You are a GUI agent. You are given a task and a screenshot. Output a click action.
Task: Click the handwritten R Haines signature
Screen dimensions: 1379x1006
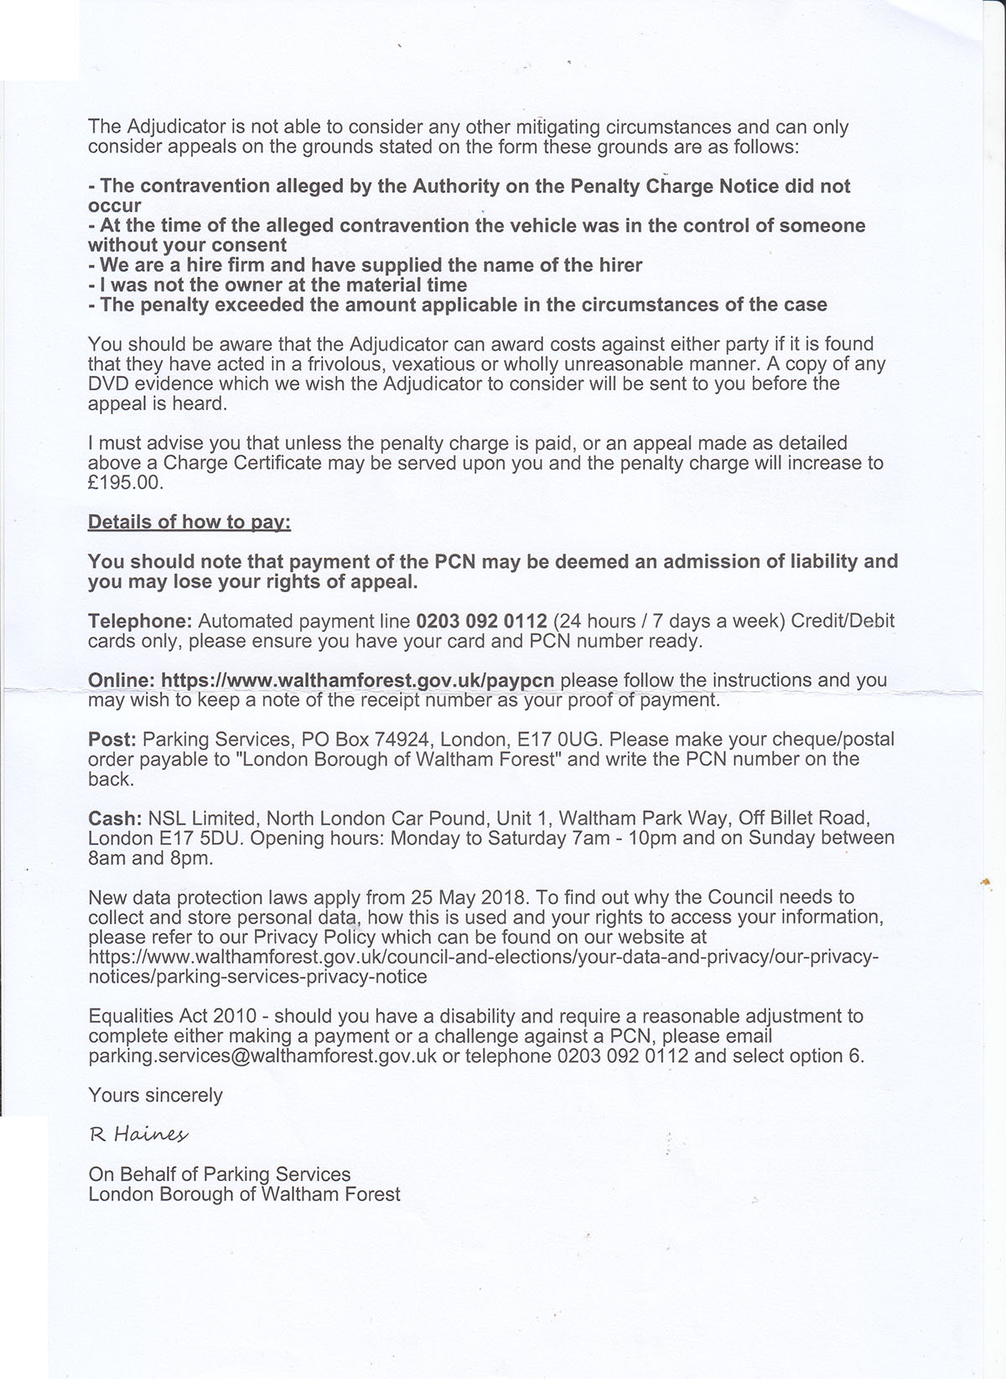(x=139, y=1135)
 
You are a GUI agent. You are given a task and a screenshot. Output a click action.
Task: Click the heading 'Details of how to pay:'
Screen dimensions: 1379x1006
(x=189, y=522)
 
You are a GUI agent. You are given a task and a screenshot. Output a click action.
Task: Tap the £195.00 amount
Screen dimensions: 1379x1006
(x=127, y=483)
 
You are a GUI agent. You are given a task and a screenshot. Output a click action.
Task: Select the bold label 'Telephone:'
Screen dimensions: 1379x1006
(x=140, y=622)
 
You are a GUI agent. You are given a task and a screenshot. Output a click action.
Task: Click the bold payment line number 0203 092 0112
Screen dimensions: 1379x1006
(x=481, y=622)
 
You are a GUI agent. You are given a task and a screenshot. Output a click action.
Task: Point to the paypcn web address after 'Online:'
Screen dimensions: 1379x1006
(x=358, y=680)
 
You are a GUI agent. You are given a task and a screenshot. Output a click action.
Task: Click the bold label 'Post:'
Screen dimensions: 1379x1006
(x=112, y=740)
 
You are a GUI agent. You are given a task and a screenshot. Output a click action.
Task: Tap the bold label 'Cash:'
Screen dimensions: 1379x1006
(x=116, y=818)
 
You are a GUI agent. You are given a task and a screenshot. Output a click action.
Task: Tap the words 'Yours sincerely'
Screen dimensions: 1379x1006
(x=155, y=1095)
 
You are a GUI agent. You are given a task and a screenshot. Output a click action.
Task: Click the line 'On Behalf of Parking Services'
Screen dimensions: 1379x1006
(x=220, y=1174)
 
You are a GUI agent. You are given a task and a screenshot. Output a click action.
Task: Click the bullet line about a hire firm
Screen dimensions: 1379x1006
(x=366, y=265)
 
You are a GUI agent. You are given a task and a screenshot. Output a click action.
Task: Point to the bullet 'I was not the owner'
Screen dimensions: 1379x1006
(x=277, y=285)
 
